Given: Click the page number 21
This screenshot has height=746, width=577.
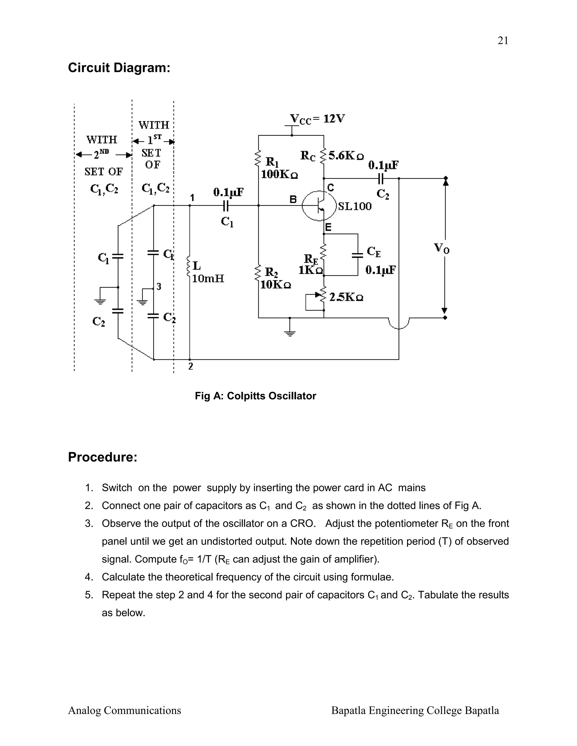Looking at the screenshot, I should point(503,41).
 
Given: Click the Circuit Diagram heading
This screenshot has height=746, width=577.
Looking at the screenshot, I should point(119,68).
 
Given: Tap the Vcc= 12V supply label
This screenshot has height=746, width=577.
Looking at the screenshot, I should point(318,119).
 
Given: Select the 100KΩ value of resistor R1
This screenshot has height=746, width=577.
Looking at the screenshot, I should point(279,175).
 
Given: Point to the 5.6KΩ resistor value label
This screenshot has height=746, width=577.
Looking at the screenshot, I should point(346,156).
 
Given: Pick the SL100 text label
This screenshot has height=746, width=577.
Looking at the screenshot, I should point(355,206).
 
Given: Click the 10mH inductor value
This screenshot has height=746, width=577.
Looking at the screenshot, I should point(208,279).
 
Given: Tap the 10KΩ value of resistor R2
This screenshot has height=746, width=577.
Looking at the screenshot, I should point(276,285).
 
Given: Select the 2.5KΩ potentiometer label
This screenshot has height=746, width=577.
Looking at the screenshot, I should point(346,297).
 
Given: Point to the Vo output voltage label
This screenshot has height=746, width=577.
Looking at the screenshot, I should point(442,248).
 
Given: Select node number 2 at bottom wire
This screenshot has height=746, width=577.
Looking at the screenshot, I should point(191,367).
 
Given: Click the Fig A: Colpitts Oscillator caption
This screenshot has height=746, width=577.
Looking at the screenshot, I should point(255,396).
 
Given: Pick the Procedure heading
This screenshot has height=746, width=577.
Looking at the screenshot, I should point(103,457).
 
